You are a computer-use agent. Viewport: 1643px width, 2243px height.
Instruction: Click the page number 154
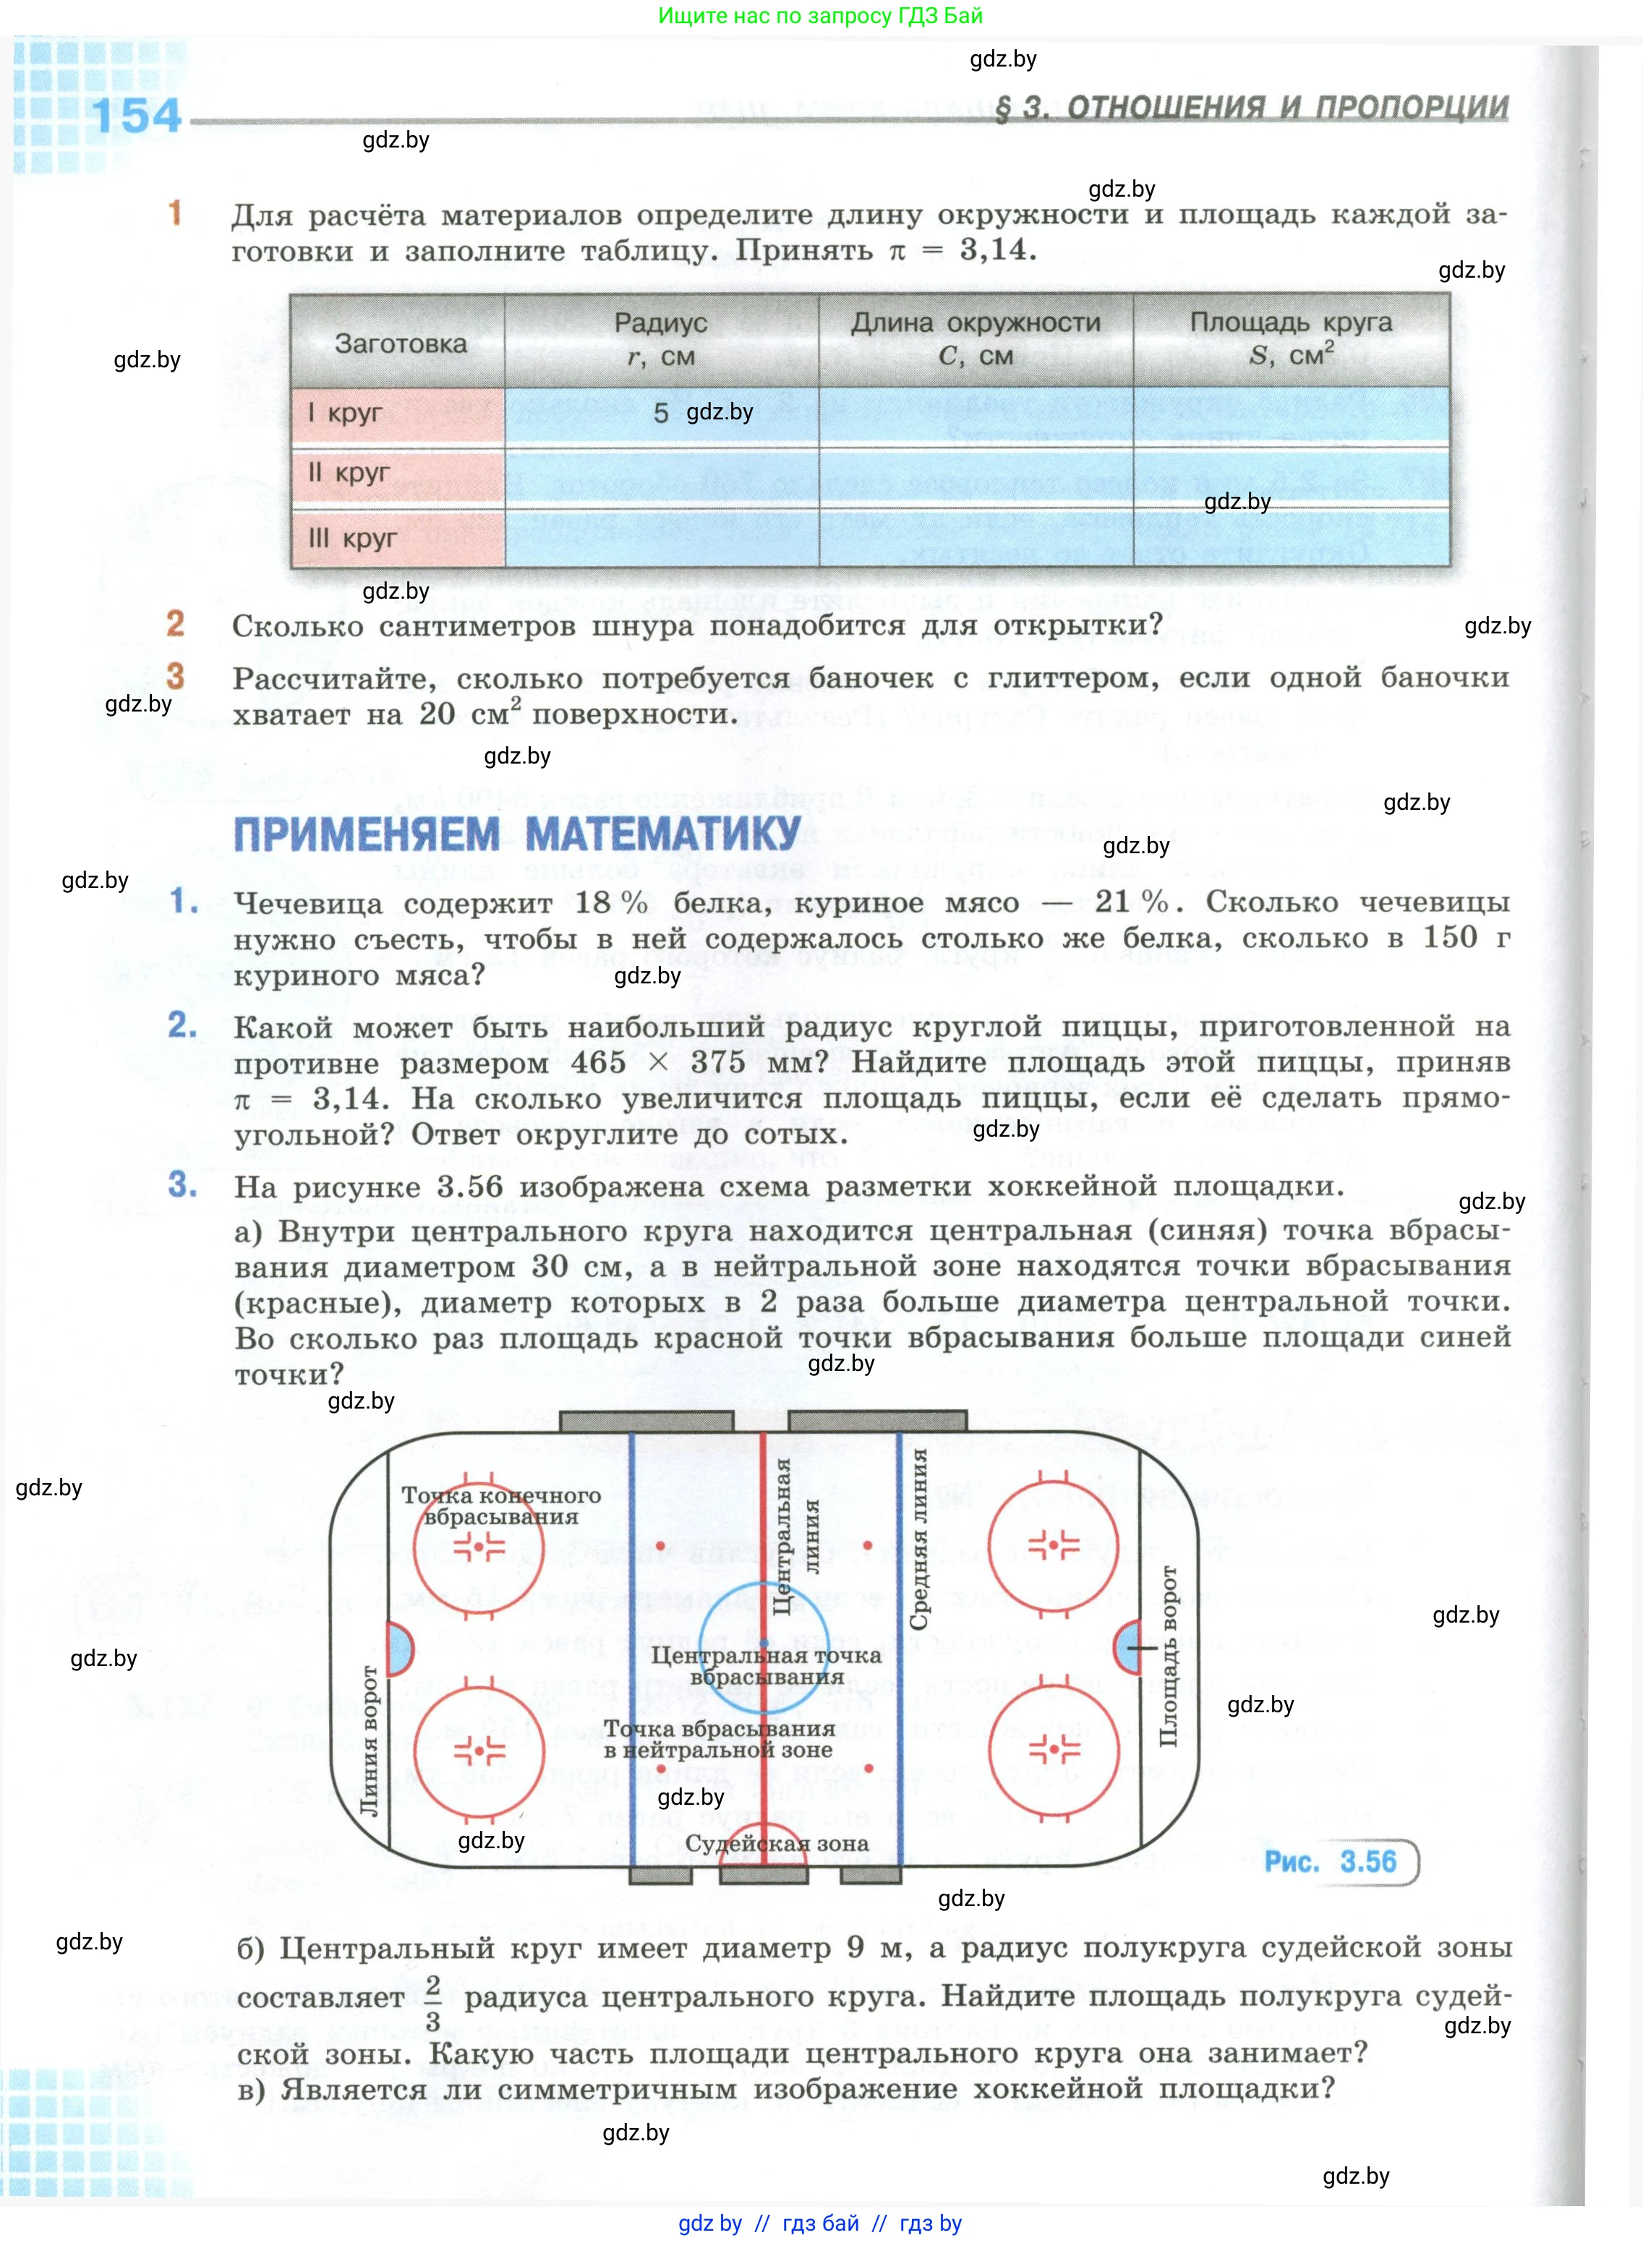point(137,116)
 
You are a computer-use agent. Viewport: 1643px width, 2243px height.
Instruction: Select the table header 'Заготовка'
point(400,344)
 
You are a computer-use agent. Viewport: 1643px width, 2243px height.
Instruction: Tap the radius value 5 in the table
point(660,414)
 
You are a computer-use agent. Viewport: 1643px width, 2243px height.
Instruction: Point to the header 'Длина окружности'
point(975,324)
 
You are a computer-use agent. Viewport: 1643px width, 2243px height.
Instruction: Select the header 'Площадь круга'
point(1290,324)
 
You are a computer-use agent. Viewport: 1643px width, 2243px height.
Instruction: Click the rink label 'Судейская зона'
point(777,1843)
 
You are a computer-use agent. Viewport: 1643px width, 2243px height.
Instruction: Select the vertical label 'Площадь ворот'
point(1169,1655)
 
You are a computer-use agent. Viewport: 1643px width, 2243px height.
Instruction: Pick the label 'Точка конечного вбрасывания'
point(500,1506)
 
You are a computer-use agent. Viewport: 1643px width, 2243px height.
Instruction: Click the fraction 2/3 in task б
point(432,2001)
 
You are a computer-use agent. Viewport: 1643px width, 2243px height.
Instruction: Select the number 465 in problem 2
point(598,1061)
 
